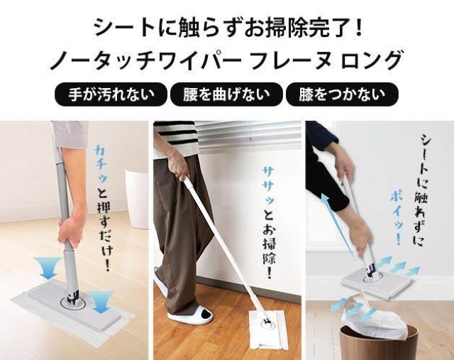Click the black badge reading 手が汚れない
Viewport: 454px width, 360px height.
pos(111,94)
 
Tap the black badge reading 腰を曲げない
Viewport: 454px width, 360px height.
pos(226,94)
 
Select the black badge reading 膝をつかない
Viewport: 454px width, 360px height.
pos(342,94)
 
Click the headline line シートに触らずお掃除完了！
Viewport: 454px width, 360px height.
pos(228,28)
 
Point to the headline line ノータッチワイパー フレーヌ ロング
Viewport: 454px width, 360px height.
pos(226,60)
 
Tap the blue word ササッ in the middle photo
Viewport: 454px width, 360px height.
pos(269,186)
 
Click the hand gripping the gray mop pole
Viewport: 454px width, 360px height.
pos(71,229)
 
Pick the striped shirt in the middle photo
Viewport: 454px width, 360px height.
pos(176,138)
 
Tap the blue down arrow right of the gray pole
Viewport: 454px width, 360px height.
pos(101,302)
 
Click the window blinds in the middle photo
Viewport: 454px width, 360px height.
pos(250,137)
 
